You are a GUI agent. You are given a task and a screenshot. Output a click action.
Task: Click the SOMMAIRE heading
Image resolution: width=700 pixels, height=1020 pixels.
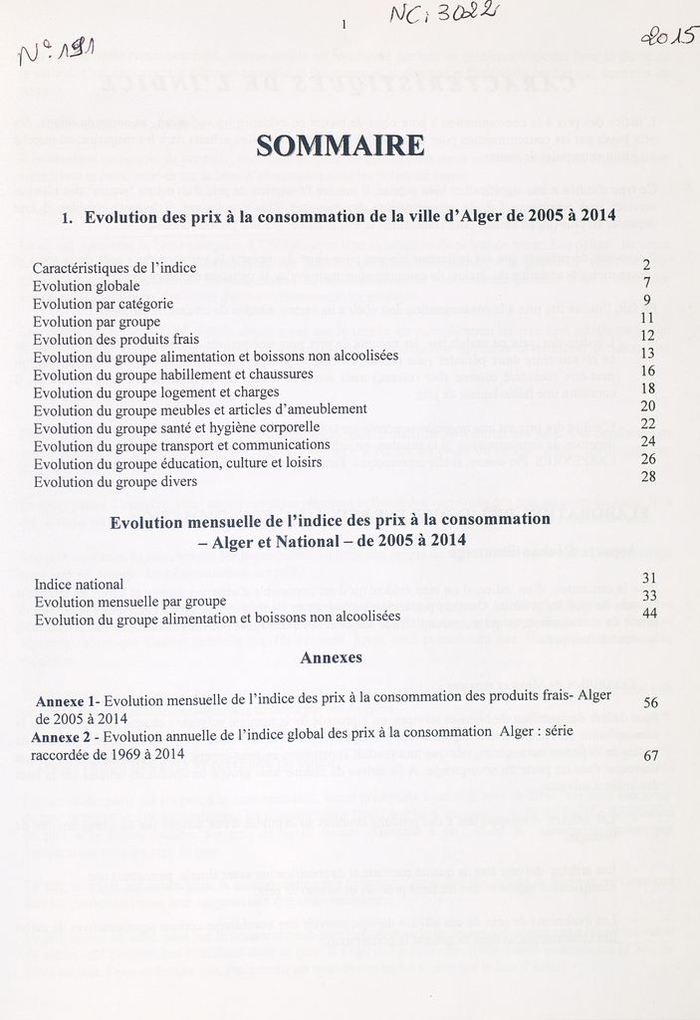(x=340, y=146)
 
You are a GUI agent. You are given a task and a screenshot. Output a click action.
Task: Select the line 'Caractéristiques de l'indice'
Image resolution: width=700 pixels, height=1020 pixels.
(x=115, y=268)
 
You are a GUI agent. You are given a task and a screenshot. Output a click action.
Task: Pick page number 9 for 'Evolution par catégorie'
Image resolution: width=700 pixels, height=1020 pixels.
(x=647, y=300)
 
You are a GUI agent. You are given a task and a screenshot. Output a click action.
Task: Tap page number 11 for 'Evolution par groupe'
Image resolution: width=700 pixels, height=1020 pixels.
(x=647, y=318)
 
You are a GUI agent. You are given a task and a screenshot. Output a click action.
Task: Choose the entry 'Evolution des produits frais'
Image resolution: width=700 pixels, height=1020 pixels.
(x=116, y=339)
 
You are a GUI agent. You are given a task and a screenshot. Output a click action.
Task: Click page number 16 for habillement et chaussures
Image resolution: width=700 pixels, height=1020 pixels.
(x=647, y=372)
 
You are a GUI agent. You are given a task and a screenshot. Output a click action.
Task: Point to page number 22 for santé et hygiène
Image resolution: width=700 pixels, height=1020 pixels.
(x=647, y=424)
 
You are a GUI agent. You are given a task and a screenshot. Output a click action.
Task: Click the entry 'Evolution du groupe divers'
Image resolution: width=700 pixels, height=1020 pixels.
(x=115, y=481)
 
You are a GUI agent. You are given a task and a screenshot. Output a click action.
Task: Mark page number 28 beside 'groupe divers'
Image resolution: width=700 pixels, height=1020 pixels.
(x=647, y=477)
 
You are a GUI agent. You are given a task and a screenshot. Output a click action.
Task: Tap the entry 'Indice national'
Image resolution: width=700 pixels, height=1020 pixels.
(x=79, y=584)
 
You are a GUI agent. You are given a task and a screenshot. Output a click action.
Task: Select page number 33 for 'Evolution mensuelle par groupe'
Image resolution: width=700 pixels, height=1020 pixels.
(x=650, y=596)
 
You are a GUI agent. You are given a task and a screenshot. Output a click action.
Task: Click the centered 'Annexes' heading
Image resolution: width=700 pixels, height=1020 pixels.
(x=331, y=658)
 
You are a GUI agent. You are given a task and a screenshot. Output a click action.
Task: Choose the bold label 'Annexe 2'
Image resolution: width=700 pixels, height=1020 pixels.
(x=66, y=736)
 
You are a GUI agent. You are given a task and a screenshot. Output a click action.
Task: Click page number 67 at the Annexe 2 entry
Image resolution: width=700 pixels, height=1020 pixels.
(x=652, y=756)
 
